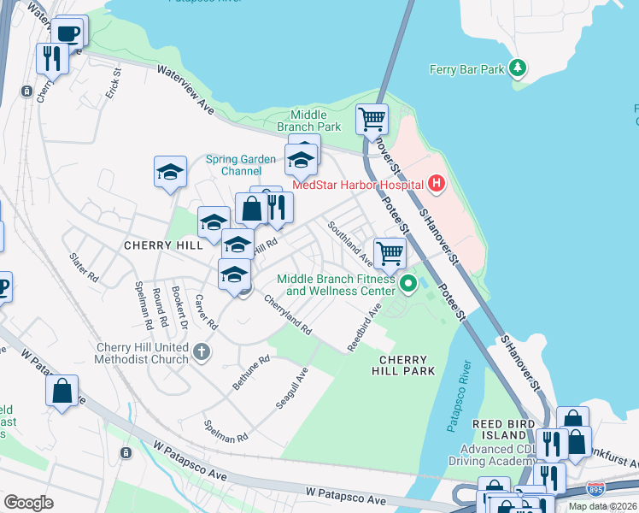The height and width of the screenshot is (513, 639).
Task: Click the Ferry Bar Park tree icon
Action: tap(516, 68)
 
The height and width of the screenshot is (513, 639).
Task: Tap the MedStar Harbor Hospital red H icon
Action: tap(437, 183)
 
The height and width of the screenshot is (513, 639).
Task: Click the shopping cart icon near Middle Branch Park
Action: tap(372, 119)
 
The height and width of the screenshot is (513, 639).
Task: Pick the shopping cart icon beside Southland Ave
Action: tap(390, 252)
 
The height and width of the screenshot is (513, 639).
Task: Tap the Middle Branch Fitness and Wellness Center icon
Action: tap(407, 283)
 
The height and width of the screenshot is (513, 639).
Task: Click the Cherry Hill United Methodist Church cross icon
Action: tap(201, 351)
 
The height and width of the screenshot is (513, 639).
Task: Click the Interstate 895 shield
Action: tap(595, 489)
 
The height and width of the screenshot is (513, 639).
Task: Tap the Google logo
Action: tap(28, 503)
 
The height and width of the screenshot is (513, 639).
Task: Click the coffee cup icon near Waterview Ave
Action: tap(68, 33)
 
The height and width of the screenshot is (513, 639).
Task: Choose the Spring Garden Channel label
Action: tap(241, 165)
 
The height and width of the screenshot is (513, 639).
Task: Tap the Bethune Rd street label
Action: tap(251, 373)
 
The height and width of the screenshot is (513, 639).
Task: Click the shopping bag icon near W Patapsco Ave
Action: tap(62, 392)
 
